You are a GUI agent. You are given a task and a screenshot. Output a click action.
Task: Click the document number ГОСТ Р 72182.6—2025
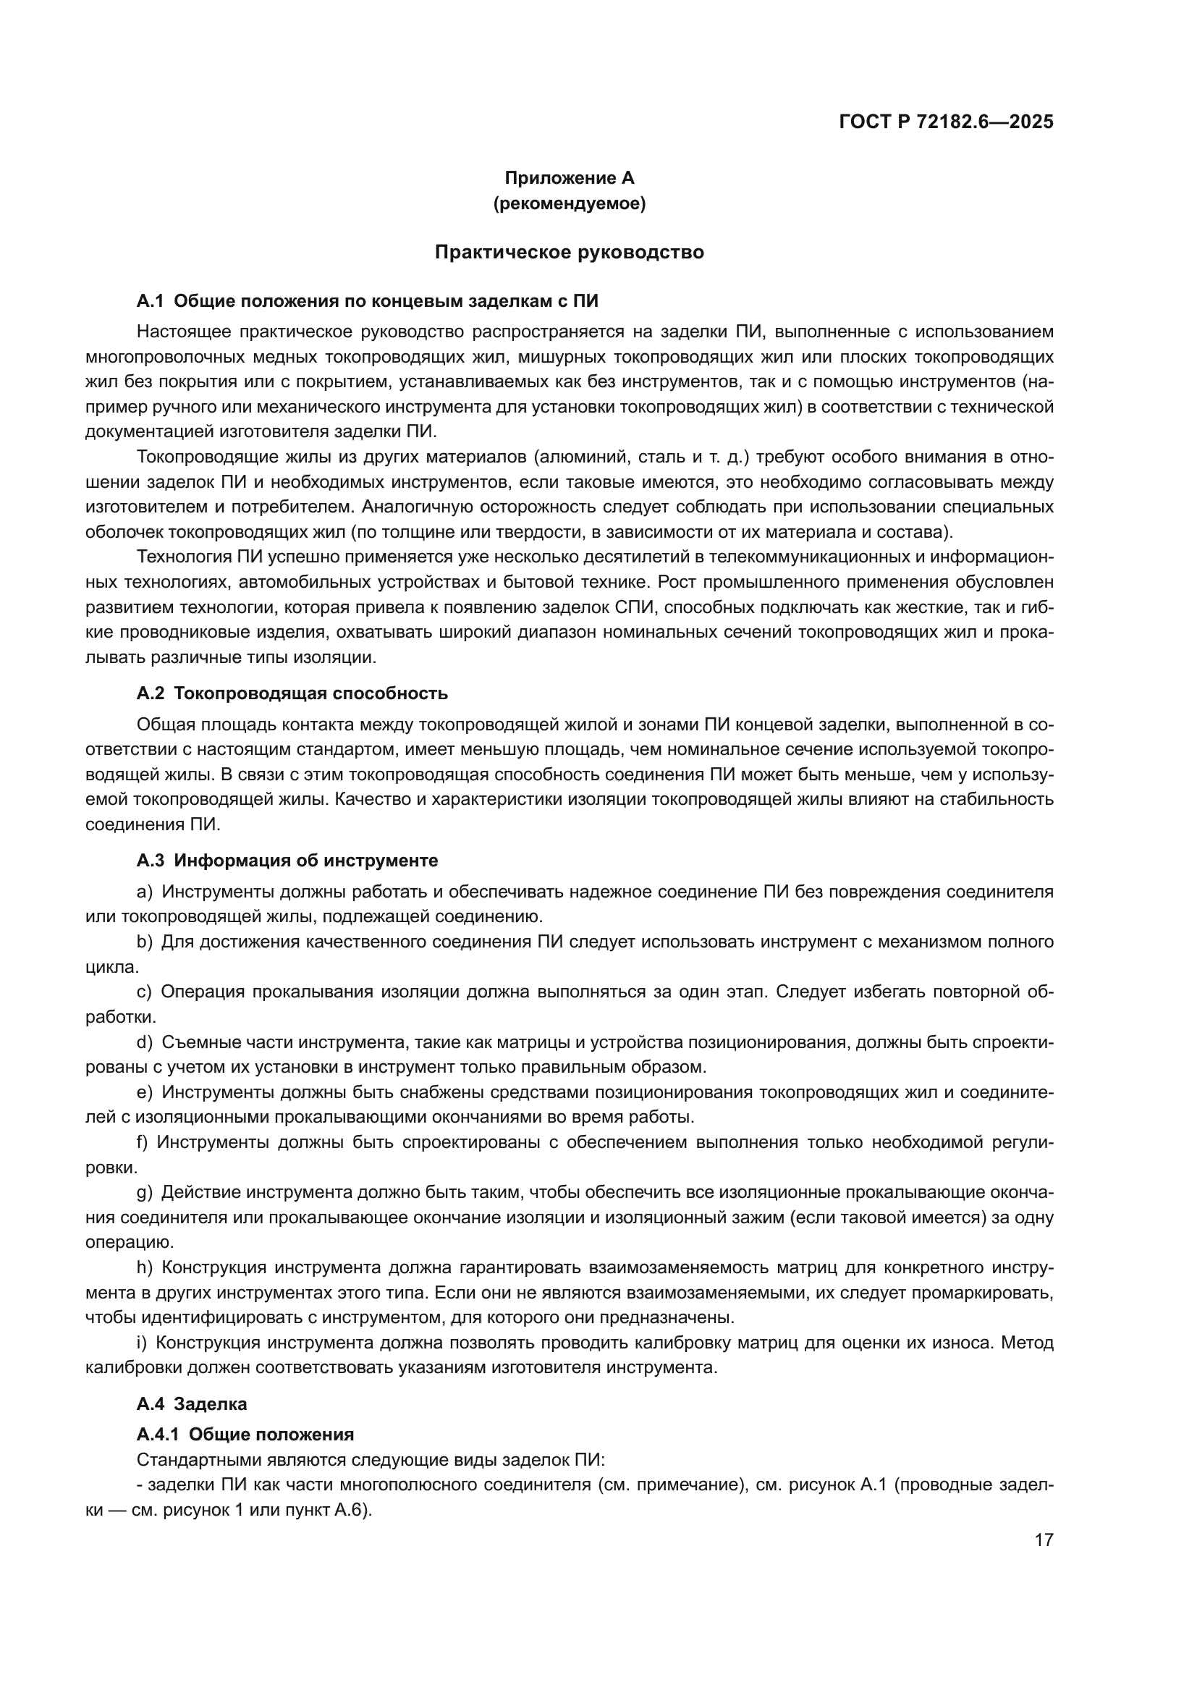pyautogui.click(x=946, y=122)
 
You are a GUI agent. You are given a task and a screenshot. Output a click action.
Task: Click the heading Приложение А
pyautogui.click(x=569, y=178)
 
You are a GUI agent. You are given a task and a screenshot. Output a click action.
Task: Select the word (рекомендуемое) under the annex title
pyautogui.click(x=569, y=203)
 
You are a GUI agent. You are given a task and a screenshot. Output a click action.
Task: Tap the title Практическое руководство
pyautogui.click(x=569, y=252)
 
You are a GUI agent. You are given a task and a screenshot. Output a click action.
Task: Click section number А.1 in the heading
pyautogui.click(x=150, y=301)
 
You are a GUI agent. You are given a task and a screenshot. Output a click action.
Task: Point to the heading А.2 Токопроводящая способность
pyautogui.click(x=292, y=693)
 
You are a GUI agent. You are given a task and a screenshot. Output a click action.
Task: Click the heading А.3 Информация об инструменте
pyautogui.click(x=287, y=861)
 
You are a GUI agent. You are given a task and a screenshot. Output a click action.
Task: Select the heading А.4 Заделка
pyautogui.click(x=192, y=1404)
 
